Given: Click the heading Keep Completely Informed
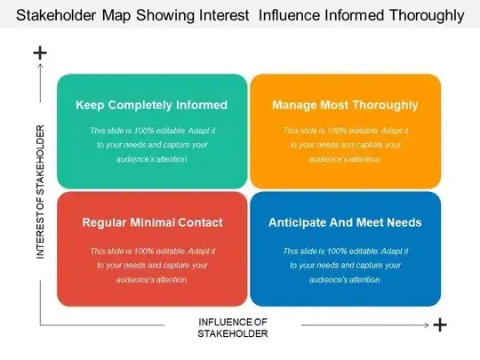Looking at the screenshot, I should (151, 105).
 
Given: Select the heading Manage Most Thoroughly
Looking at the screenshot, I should (345, 105).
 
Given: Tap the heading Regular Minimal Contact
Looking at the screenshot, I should (151, 222).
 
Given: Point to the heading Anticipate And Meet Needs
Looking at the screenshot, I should (345, 222).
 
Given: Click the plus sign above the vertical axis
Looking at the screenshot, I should (40, 53).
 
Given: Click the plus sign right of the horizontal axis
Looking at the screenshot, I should (439, 325).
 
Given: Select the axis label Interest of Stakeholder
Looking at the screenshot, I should (40, 192).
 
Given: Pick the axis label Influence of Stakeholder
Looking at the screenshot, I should (233, 326).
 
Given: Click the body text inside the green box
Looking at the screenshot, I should (151, 145).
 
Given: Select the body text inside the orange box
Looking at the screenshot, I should (345, 145).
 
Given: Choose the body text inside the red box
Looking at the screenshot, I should (151, 265).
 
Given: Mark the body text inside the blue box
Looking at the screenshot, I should (345, 265).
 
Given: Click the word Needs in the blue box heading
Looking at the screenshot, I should (403, 222).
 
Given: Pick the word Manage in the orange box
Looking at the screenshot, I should (295, 105).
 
